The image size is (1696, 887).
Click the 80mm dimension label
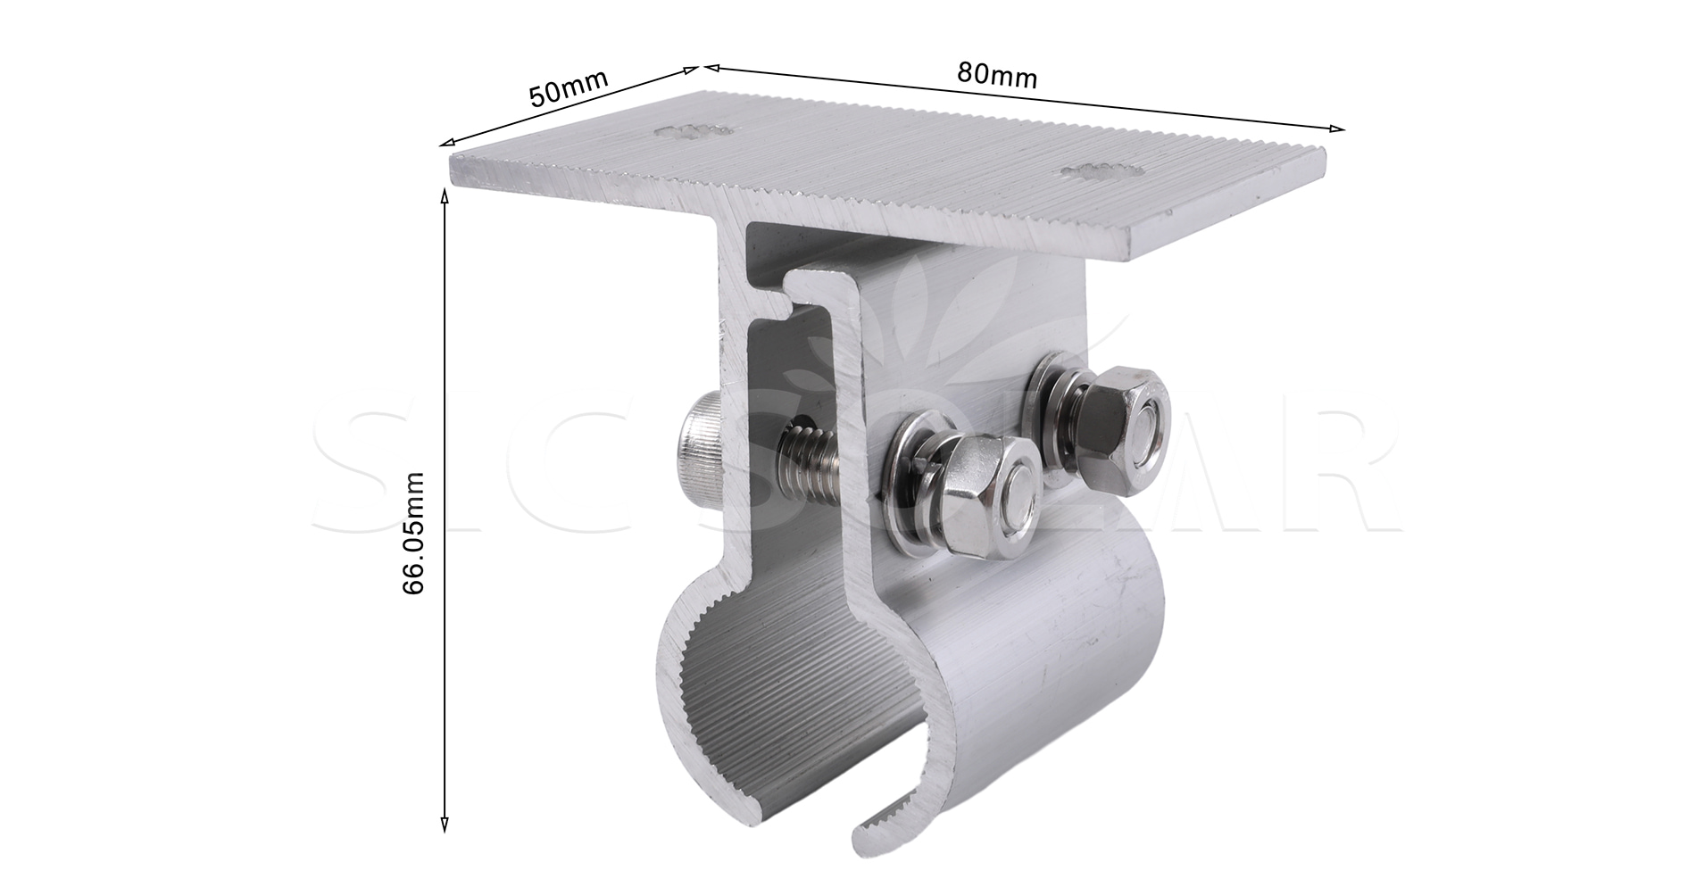point(996,75)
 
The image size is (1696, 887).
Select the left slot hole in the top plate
point(694,132)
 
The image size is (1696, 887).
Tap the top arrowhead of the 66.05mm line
point(445,191)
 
